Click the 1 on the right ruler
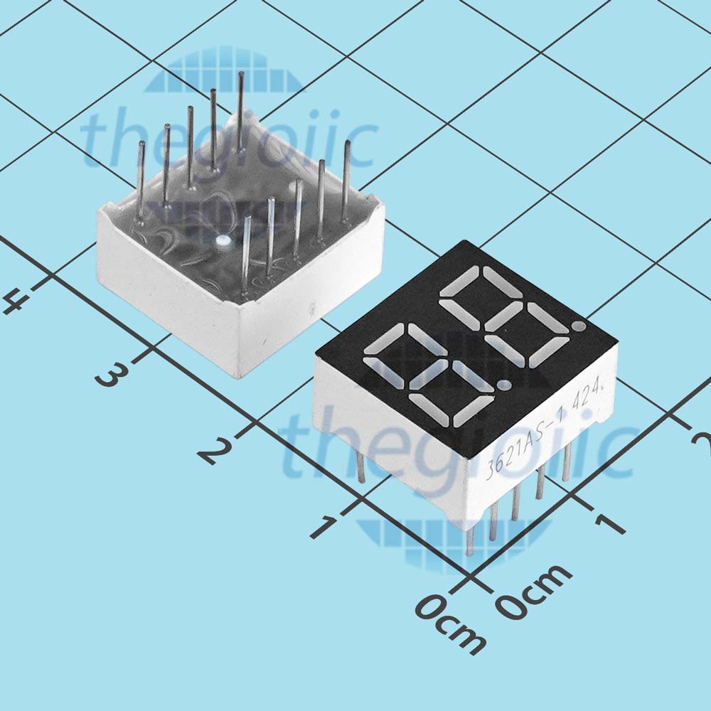click(x=610, y=523)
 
